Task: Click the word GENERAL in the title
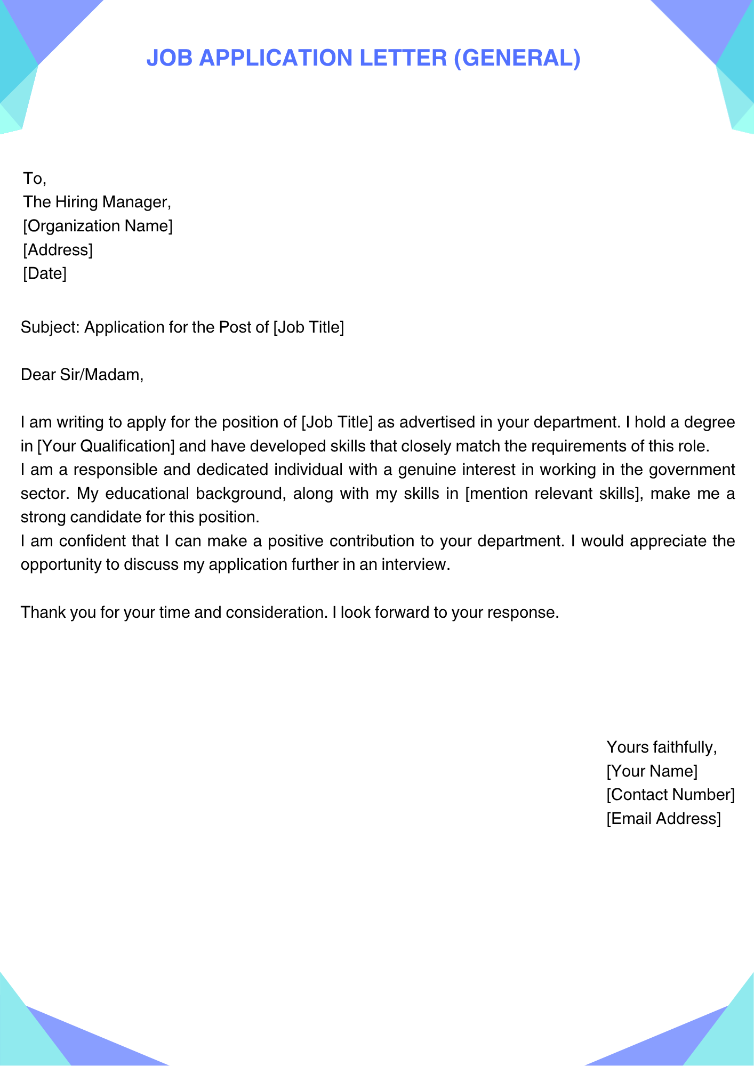pyautogui.click(x=517, y=58)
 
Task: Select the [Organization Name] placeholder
pyautogui.click(x=98, y=226)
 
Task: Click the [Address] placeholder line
pyautogui.click(x=58, y=250)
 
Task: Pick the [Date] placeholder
pyautogui.click(x=45, y=274)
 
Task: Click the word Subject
pyautogui.click(x=50, y=327)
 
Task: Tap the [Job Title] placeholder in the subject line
pyautogui.click(x=308, y=327)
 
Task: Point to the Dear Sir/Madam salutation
pyautogui.click(x=82, y=375)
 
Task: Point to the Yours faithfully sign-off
pyautogui.click(x=661, y=747)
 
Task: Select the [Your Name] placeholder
pyautogui.click(x=652, y=771)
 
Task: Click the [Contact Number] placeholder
pyautogui.click(x=670, y=795)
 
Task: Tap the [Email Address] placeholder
pyautogui.click(x=663, y=819)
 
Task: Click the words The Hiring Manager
pyautogui.click(x=97, y=202)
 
